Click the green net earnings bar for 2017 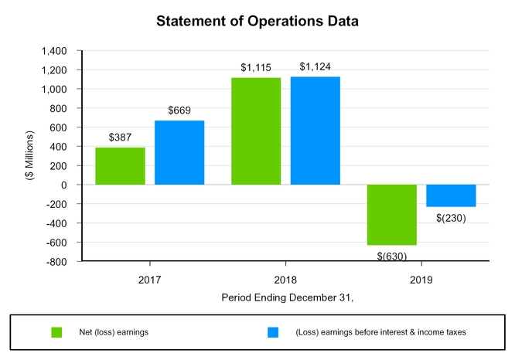coord(120,166)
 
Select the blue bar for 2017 coord(179,153)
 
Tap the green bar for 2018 coord(256,131)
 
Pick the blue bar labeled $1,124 coord(315,131)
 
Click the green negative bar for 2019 coord(392,215)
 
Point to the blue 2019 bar coord(451,195)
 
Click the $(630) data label coord(392,255)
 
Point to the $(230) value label coord(450,217)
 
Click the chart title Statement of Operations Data coord(257,21)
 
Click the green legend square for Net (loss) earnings coord(56,332)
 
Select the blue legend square coord(273,332)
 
